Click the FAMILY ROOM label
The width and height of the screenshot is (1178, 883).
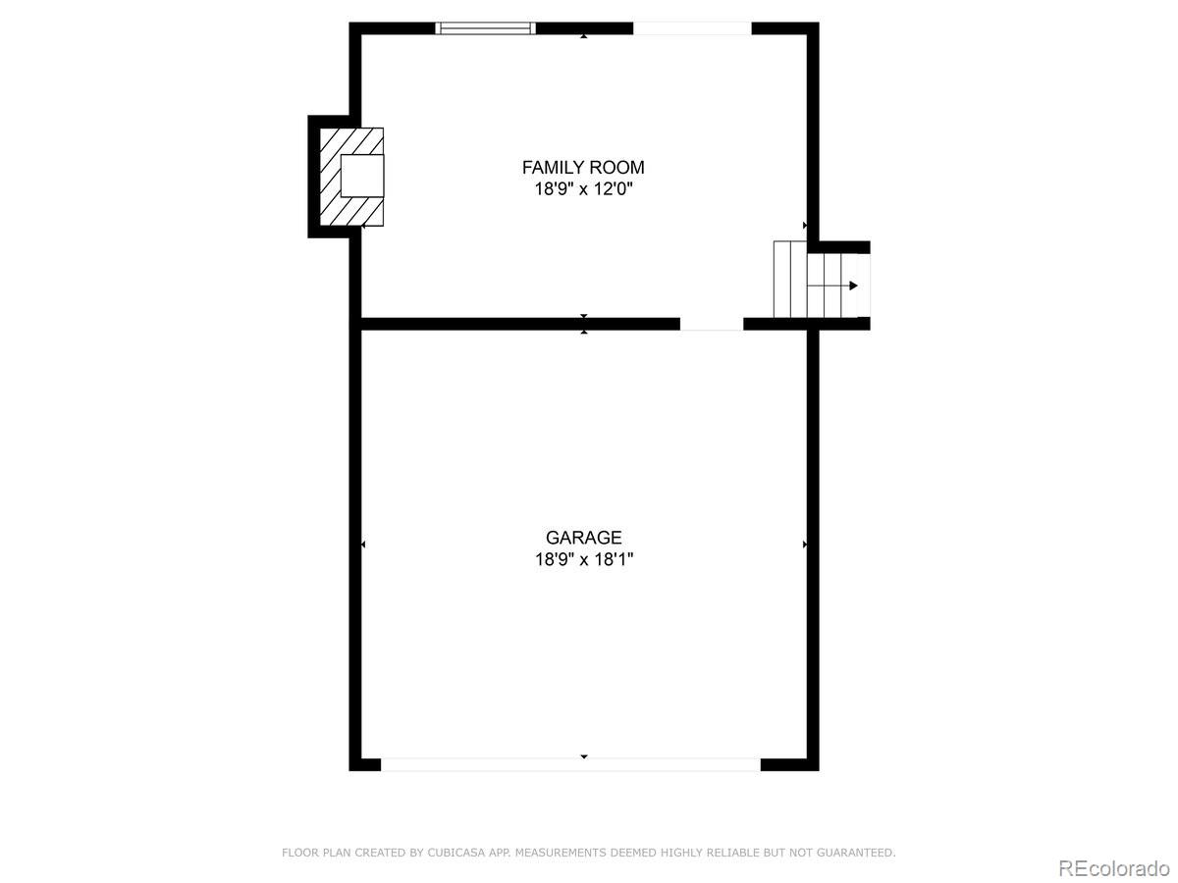[x=583, y=167]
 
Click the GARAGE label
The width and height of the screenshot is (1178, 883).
[x=584, y=538]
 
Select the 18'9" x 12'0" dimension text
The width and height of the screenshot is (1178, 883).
[x=584, y=189]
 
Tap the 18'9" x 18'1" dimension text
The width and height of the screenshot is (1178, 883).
[x=584, y=559]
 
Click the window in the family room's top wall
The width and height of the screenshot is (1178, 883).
[x=485, y=28]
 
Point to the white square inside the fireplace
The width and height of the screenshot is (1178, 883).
[x=362, y=176]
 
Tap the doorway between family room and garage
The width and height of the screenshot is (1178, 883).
[x=712, y=324]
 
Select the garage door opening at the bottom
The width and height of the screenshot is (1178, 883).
[x=570, y=764]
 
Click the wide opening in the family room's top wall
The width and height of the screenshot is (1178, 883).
[x=692, y=28]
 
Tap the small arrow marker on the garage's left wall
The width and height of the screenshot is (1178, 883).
[x=363, y=545]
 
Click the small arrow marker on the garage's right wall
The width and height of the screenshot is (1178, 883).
[x=805, y=545]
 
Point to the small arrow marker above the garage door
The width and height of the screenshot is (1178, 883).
[x=584, y=756]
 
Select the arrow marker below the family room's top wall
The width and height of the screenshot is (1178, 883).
[x=584, y=36]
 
